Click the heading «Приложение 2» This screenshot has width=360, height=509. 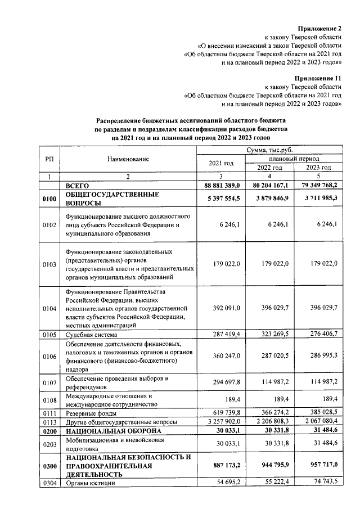tap(320, 28)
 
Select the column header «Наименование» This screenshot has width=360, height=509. tap(128, 159)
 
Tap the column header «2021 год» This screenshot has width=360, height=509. tap(220, 163)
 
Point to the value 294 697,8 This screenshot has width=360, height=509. tap(223, 382)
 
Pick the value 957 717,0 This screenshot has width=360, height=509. tap(318, 466)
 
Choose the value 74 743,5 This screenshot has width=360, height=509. tap(321, 483)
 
